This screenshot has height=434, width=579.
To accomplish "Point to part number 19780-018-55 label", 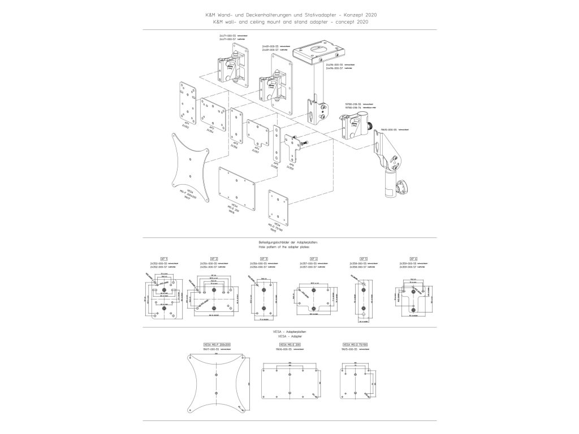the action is [355, 105].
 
